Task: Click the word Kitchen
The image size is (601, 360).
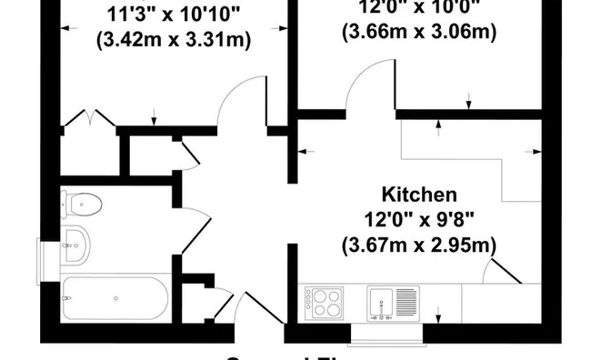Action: pos(418,195)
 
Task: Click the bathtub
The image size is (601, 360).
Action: pos(114,297)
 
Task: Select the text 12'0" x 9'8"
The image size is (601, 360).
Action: pos(418,219)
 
